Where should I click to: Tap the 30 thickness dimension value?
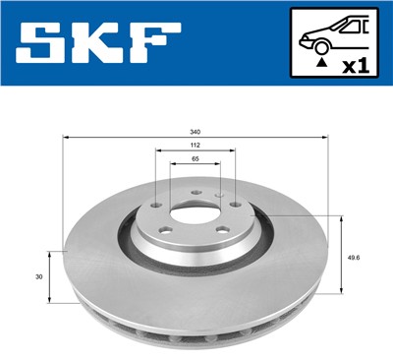(37, 277)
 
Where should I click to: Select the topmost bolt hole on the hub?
(195, 193)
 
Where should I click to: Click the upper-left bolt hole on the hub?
(158, 205)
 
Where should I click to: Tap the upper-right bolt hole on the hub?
(233, 205)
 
